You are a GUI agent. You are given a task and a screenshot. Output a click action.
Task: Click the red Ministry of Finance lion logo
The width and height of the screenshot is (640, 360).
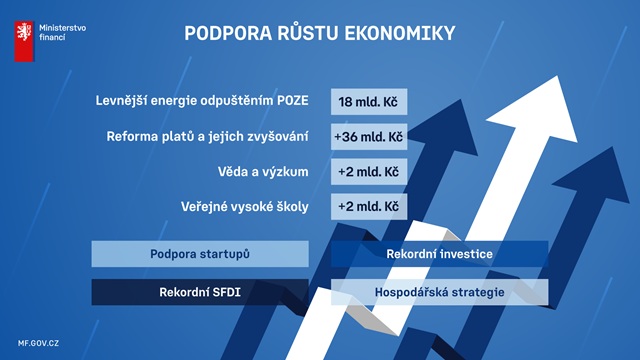24,41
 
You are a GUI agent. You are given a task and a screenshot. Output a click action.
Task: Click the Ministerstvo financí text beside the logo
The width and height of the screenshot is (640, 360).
62,33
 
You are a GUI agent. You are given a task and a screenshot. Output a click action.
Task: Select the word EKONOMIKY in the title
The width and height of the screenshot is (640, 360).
400,33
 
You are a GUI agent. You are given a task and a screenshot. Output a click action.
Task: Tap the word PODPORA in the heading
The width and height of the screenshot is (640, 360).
228,33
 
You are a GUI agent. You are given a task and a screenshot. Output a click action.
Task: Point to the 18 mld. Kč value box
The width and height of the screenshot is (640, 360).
369,102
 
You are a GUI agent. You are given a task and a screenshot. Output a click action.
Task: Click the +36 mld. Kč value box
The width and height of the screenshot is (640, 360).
369,137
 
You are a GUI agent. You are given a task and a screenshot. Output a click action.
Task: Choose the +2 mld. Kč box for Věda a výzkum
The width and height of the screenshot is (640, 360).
369,172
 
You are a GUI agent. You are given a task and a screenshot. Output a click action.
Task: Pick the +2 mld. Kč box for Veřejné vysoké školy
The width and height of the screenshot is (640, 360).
369,207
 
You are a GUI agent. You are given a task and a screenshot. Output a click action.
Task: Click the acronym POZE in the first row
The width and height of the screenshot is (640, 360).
293,101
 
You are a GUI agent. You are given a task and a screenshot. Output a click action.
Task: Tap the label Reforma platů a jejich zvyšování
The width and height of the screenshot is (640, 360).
207,136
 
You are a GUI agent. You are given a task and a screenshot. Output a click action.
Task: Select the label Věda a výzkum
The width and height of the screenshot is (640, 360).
263,172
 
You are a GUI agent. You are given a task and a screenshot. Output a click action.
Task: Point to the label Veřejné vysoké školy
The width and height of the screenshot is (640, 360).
244,207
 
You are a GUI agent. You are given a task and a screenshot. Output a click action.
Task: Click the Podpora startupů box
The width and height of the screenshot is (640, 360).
200,254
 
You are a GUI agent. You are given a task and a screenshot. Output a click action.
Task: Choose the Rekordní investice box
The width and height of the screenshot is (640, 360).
440,254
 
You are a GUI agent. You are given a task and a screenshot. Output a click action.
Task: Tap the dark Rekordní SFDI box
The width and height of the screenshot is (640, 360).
200,292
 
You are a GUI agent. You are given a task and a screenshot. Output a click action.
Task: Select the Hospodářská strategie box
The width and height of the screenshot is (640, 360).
440,292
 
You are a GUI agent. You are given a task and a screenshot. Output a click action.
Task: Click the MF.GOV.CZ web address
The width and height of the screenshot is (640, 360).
38,343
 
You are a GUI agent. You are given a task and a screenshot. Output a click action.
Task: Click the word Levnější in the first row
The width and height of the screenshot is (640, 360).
121,101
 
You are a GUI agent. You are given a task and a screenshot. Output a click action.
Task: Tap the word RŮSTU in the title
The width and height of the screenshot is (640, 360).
308,33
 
